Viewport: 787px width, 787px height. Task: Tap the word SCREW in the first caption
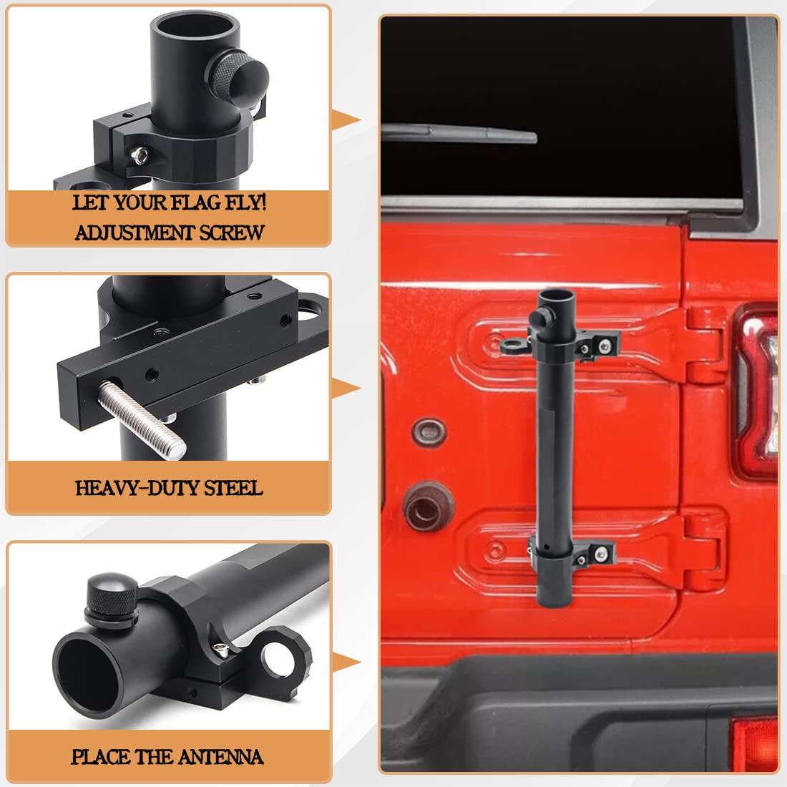pyautogui.click(x=232, y=233)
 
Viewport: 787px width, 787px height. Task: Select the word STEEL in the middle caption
pyautogui.click(x=233, y=488)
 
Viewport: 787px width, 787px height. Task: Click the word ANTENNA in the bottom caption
pyautogui.click(x=220, y=757)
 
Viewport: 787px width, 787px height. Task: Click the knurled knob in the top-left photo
pyautogui.click(x=237, y=78)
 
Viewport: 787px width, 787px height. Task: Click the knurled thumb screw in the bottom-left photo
pyautogui.click(x=112, y=597)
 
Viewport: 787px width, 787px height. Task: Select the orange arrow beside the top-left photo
pyautogui.click(x=346, y=120)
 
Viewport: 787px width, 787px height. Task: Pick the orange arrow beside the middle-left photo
pyautogui.click(x=346, y=388)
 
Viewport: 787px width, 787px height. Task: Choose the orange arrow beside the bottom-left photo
pyautogui.click(x=346, y=662)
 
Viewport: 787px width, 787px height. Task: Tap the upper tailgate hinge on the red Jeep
pyautogui.click(x=705, y=346)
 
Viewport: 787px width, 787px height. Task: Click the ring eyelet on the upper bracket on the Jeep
pyautogui.click(x=513, y=346)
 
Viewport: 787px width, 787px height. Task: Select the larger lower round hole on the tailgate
pyautogui.click(x=428, y=507)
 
